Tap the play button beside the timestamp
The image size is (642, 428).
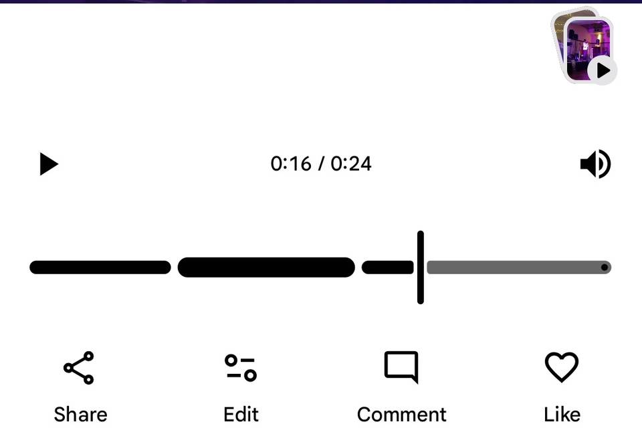click(x=48, y=164)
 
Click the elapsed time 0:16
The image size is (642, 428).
click(x=291, y=164)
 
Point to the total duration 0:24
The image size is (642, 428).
click(x=351, y=164)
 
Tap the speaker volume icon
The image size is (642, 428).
click(x=595, y=164)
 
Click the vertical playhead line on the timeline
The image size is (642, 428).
click(x=421, y=267)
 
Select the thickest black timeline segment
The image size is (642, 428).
click(x=266, y=267)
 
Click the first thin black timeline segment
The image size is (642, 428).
click(x=100, y=267)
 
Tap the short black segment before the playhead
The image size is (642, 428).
click(x=388, y=267)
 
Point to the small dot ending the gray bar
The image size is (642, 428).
click(x=605, y=267)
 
